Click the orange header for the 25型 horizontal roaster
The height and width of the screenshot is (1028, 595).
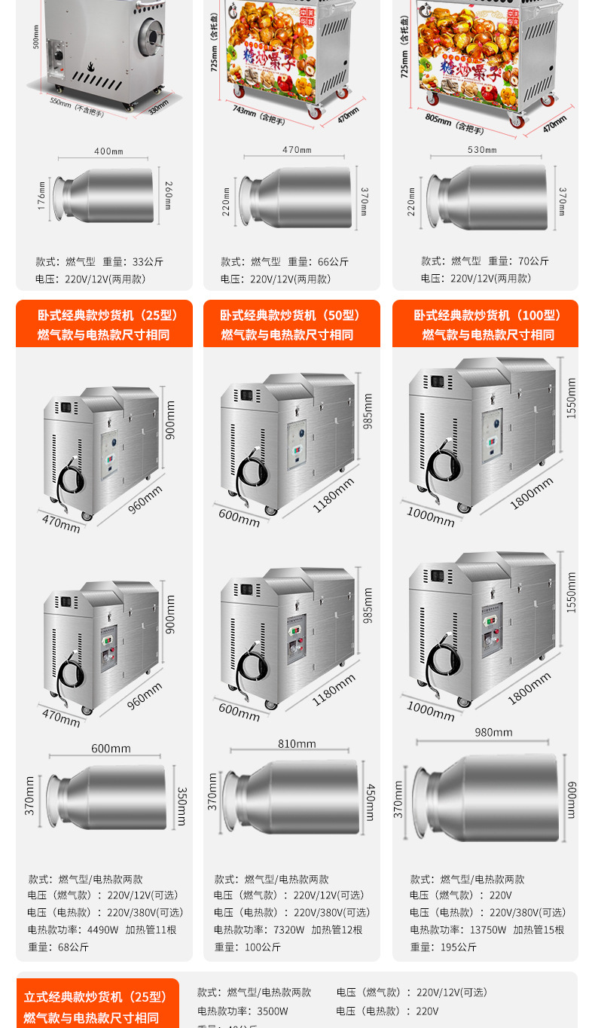(104, 325)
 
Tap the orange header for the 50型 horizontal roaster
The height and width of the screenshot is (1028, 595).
(291, 325)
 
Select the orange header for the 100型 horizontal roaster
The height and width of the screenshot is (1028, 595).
(485, 325)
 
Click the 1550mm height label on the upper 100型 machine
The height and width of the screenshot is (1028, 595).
(571, 398)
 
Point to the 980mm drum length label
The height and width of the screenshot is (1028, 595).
(493, 732)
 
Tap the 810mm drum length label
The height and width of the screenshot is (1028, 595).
(297, 743)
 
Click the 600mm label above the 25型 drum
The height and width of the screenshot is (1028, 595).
(111, 748)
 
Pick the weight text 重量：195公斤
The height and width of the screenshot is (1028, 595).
(444, 947)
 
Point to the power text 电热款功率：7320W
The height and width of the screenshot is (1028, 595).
(259, 929)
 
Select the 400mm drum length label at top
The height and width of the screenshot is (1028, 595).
(108, 151)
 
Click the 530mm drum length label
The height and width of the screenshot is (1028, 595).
(482, 150)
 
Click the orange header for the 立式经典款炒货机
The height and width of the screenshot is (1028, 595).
(96, 1006)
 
